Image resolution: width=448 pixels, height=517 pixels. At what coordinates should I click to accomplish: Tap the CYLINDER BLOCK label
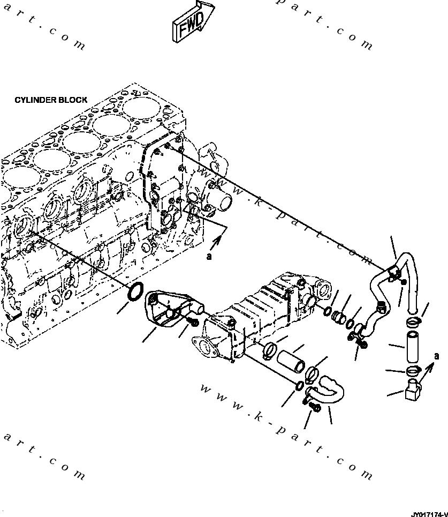click(x=51, y=100)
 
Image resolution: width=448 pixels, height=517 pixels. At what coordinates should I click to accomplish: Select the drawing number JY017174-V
click(x=429, y=512)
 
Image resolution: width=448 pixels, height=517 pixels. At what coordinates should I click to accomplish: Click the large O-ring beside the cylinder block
click(x=136, y=291)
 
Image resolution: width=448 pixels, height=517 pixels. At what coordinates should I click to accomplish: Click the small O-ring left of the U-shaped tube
click(x=300, y=387)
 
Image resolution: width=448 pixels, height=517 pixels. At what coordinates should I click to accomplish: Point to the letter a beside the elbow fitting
click(x=436, y=356)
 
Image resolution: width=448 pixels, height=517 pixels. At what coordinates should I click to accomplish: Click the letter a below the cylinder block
click(x=209, y=257)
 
